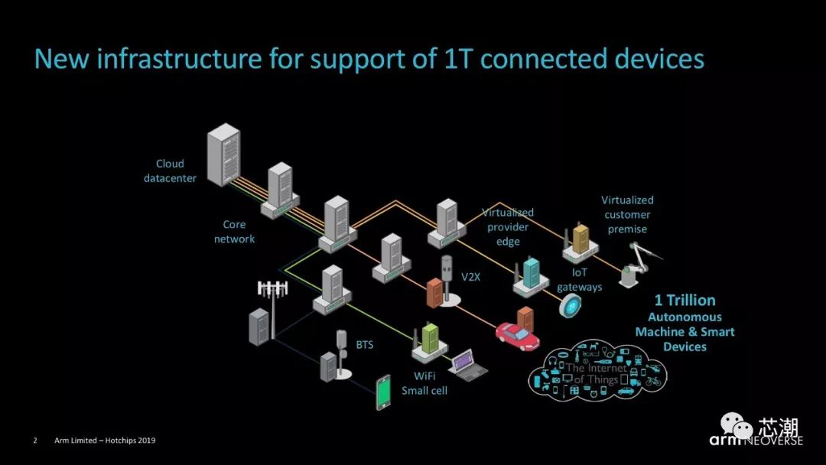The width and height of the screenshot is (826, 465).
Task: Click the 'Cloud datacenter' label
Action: [170, 171]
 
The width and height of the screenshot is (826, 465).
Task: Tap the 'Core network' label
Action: [234, 232]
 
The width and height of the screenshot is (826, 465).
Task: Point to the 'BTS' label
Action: [365, 345]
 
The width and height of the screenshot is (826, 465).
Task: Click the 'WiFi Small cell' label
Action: [424, 383]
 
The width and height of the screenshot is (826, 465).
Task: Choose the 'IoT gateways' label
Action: [579, 280]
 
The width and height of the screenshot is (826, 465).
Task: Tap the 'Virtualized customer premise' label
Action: [627, 214]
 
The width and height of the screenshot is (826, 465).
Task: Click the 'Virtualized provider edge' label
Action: [508, 227]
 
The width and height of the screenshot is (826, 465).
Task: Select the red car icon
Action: [517, 334]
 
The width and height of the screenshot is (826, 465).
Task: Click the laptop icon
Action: [467, 364]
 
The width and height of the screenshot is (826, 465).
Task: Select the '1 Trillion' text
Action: [685, 300]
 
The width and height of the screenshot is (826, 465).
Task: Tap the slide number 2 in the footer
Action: [35, 441]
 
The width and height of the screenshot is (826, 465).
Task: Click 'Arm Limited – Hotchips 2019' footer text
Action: [105, 441]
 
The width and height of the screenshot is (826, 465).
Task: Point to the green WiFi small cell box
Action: [430, 338]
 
